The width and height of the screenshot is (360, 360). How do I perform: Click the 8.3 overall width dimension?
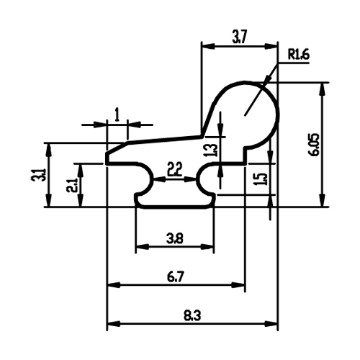click(x=192, y=315)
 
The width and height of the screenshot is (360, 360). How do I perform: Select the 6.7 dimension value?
click(x=176, y=277)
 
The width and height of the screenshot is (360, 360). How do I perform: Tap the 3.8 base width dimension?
click(x=175, y=239)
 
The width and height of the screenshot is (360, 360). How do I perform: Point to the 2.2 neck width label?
click(x=175, y=169)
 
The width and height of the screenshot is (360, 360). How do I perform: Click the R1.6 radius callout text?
click(x=299, y=55)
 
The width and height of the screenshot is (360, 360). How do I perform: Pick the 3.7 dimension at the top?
click(x=240, y=37)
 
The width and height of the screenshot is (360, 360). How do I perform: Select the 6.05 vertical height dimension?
click(x=315, y=145)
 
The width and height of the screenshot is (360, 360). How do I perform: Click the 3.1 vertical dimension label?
click(x=40, y=175)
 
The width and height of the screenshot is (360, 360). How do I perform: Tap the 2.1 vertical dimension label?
click(x=71, y=185)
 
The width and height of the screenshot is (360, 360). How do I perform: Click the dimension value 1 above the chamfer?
click(x=117, y=114)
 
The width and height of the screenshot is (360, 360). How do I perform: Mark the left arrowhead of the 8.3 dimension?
click(x=113, y=323)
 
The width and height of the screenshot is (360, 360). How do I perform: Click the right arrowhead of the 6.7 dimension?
click(x=238, y=285)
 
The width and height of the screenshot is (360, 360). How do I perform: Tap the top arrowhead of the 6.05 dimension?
click(x=323, y=89)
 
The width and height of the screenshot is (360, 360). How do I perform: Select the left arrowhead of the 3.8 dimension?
click(x=142, y=246)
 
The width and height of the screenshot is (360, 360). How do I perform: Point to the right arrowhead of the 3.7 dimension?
click(x=271, y=46)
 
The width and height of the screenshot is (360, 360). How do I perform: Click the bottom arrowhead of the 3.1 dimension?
click(x=49, y=199)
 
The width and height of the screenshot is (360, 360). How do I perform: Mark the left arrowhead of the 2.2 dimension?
click(x=159, y=179)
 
